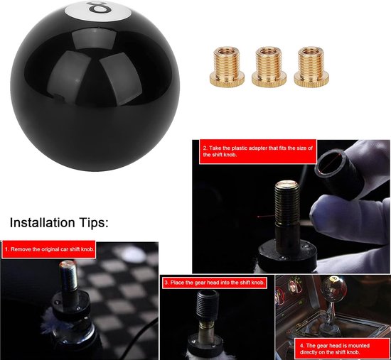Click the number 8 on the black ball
[x=99, y=7]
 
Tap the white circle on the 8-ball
[x=98, y=11]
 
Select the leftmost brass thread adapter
[x=227, y=67]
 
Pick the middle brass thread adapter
[x=269, y=67]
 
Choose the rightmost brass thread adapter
[x=311, y=67]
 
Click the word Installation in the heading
[x=42, y=222]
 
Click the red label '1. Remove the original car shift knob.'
[x=49, y=249]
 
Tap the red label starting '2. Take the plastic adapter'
[x=258, y=151]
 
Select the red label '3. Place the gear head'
[x=215, y=283]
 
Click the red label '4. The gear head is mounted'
[x=335, y=349]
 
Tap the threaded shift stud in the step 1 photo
[x=68, y=276]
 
